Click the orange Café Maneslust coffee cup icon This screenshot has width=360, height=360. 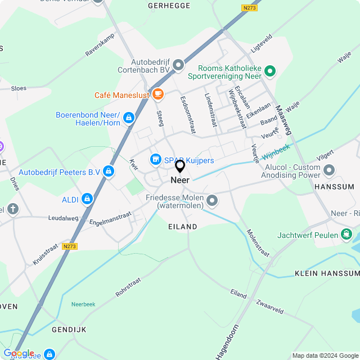157,93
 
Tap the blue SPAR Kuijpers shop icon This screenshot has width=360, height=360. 155,160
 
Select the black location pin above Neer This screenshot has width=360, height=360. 180,166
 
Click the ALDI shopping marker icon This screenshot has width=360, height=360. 87,199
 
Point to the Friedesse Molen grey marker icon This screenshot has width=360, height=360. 212,200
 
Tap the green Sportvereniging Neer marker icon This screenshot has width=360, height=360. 270,71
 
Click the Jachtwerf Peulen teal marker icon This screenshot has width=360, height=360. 346,234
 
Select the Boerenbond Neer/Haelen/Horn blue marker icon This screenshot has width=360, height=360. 129,117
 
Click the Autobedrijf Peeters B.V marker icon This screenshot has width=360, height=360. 109,171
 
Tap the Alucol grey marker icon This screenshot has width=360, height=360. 330,169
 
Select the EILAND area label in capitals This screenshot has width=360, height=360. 183,226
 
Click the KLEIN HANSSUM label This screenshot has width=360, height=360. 326,273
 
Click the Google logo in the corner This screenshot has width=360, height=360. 19,353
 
